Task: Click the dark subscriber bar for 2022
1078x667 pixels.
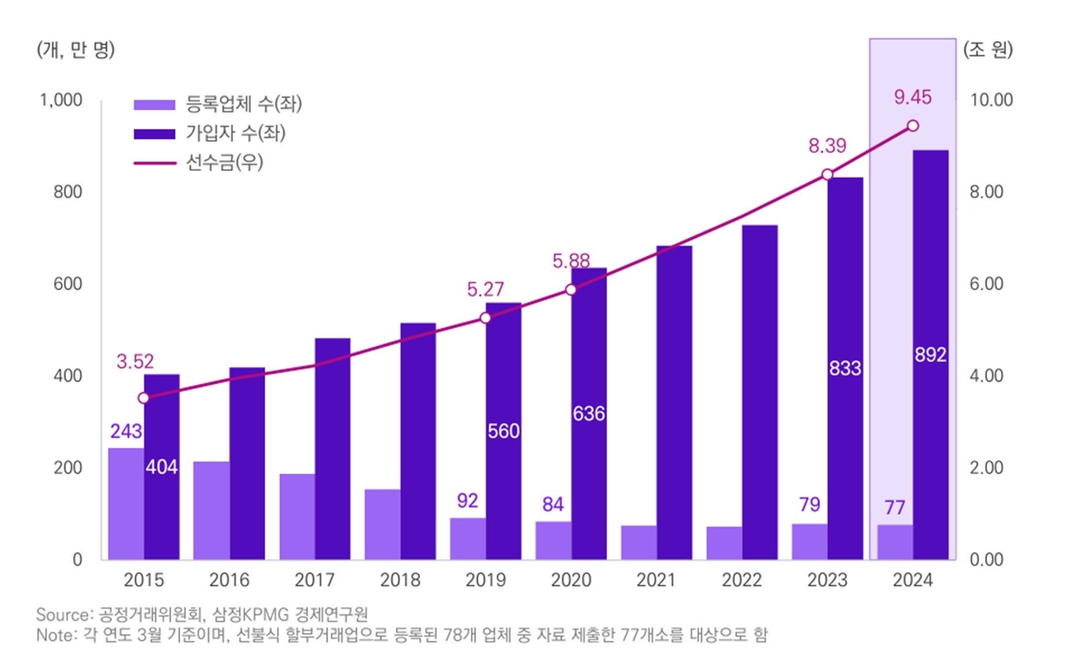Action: click(x=760, y=392)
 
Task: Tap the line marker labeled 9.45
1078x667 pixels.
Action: click(x=913, y=126)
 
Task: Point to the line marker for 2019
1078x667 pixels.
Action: click(x=485, y=318)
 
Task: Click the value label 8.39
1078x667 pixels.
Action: click(x=827, y=146)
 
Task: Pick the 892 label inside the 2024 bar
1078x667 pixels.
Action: click(x=930, y=355)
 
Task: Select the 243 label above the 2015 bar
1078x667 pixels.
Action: click(x=126, y=431)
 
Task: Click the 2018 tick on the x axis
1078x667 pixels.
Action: click(x=400, y=580)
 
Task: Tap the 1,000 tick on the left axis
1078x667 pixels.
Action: click(x=61, y=100)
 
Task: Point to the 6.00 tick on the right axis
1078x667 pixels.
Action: click(x=986, y=284)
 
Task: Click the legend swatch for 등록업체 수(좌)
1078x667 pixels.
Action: click(x=154, y=105)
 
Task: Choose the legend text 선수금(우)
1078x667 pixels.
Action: click(x=224, y=162)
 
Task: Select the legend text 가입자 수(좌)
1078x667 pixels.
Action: click(x=235, y=133)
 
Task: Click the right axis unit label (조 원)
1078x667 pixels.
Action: click(x=988, y=49)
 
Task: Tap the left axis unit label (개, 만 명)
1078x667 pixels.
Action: click(x=76, y=50)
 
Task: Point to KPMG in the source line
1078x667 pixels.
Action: click(x=266, y=615)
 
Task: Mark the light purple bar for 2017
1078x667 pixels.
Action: click(x=297, y=516)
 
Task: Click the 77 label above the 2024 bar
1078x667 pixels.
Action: click(x=895, y=508)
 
